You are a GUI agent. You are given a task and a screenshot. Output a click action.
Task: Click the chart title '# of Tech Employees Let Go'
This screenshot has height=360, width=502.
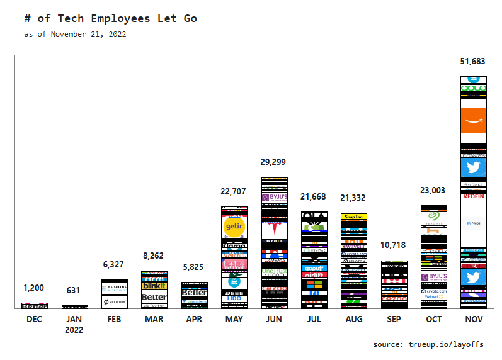[110, 18]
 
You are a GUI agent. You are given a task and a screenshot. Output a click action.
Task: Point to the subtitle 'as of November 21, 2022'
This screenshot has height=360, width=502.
[75, 34]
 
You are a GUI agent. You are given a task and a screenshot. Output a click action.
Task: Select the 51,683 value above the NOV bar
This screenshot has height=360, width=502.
[473, 62]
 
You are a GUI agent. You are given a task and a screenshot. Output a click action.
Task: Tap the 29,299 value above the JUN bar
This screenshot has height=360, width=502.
[274, 162]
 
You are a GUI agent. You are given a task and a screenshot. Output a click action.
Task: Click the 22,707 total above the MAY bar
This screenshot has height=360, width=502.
[234, 191]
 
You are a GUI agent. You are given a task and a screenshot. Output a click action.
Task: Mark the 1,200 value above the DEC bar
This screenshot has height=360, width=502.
[34, 288]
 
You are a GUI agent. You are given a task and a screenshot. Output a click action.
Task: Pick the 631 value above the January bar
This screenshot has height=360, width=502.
[74, 291]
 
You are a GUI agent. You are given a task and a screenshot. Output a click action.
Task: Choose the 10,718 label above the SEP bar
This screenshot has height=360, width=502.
[394, 245]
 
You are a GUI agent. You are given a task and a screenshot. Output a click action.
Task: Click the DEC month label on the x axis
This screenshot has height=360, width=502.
[34, 319]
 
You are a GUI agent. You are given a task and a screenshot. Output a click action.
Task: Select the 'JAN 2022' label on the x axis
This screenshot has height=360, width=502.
[74, 324]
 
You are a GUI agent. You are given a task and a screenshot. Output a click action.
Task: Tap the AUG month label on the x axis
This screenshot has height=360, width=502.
[354, 319]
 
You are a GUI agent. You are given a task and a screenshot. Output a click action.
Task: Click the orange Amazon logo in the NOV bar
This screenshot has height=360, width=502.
[473, 120]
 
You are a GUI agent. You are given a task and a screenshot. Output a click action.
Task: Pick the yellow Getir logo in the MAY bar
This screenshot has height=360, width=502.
[234, 227]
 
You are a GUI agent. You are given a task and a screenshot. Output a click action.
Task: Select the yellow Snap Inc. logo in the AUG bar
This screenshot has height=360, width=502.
[354, 217]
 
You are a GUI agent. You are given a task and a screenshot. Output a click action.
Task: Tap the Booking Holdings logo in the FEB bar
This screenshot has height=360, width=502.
[114, 288]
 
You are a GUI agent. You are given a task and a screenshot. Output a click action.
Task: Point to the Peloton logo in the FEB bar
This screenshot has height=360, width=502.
[114, 302]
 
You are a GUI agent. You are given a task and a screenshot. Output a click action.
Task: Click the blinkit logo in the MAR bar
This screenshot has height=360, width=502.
[154, 286]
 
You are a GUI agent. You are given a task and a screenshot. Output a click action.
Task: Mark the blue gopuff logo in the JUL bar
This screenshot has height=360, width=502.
[314, 267]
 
